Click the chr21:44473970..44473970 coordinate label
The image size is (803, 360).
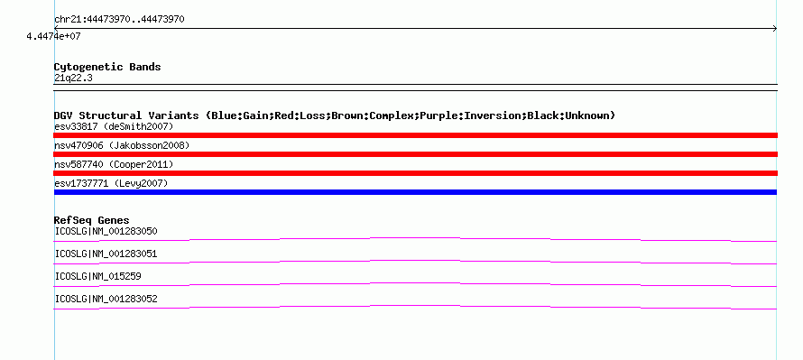pos(119,20)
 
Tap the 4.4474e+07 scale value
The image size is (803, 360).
pos(54,37)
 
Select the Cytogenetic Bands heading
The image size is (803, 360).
pos(107,67)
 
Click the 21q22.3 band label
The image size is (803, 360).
pos(73,78)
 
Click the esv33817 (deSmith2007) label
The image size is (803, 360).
pos(114,126)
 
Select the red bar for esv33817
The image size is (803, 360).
pos(415,135)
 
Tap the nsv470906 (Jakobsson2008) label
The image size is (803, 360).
pos(122,145)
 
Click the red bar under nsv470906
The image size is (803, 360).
pos(415,154)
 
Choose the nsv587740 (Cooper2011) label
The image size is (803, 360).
pos(114,164)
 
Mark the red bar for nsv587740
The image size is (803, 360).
pos(415,173)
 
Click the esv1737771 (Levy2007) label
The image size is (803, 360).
pos(111,183)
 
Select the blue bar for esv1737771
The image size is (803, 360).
pos(415,192)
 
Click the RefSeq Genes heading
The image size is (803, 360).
pos(92,221)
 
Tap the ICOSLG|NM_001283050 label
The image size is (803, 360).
pos(106,232)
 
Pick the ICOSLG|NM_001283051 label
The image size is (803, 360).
pos(106,254)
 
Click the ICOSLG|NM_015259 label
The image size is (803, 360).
pos(97,276)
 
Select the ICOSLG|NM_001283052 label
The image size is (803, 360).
pos(106,299)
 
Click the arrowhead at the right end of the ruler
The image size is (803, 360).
pos(775,29)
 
